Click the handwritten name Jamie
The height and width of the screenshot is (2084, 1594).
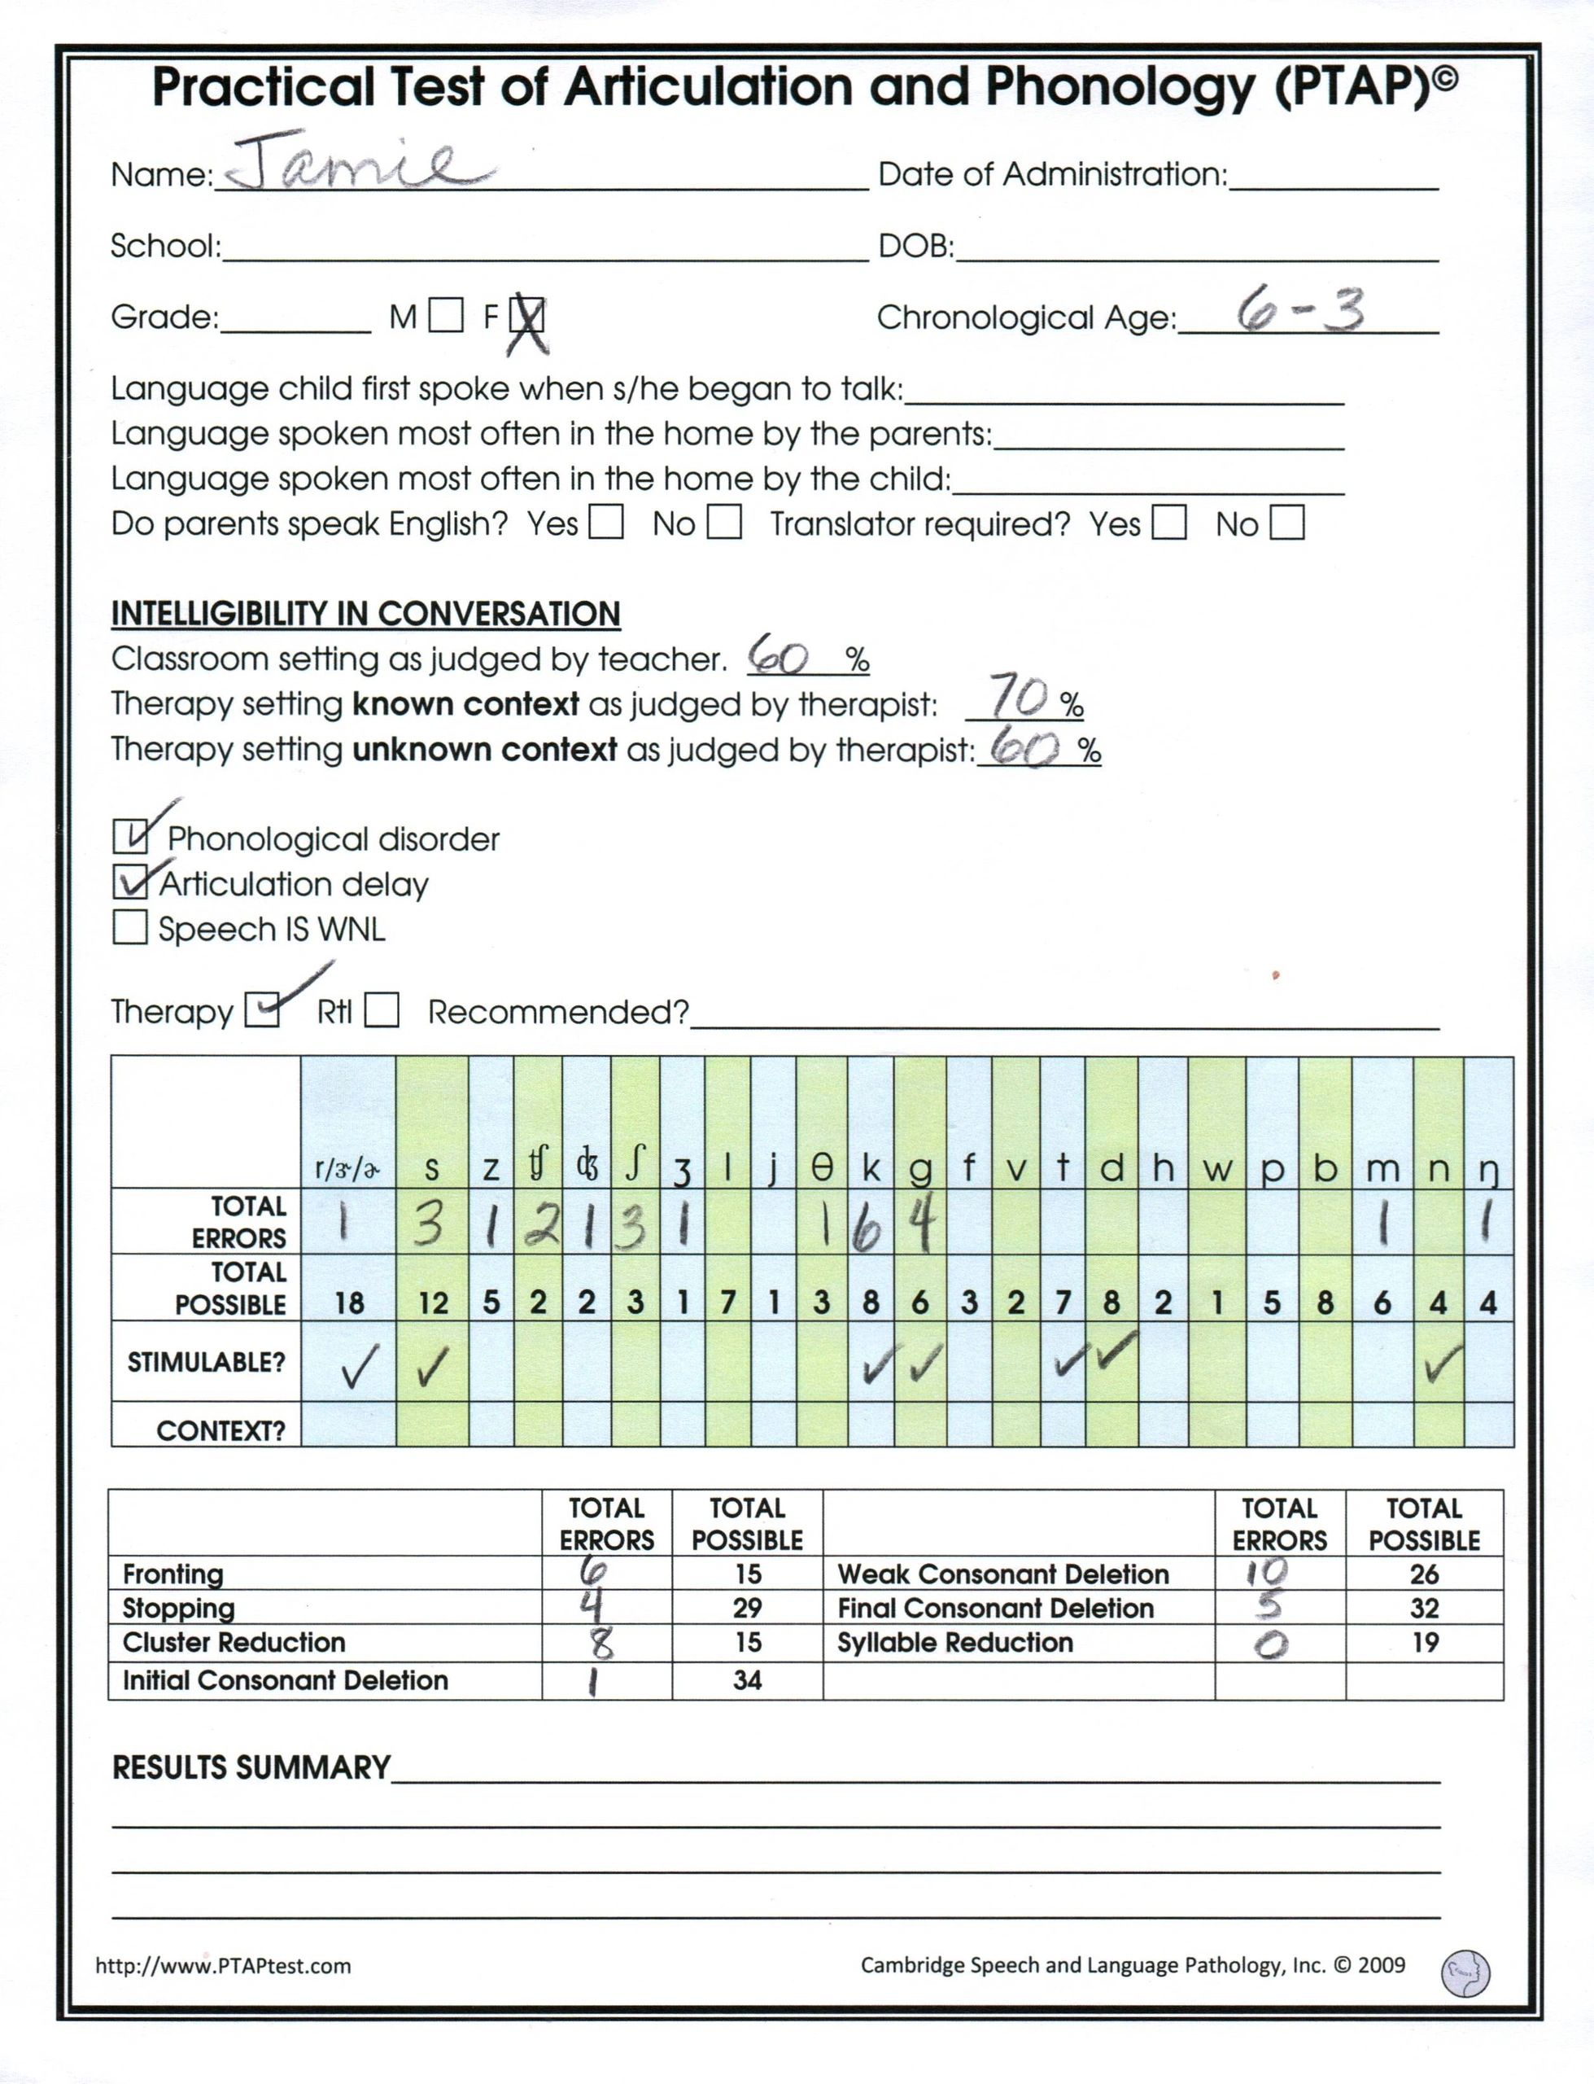pyautogui.click(x=360, y=164)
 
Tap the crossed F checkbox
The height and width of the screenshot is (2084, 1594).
pyautogui.click(x=527, y=316)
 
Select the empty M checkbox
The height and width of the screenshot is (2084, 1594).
pyautogui.click(x=446, y=316)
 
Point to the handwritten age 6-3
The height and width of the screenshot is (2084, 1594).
pyautogui.click(x=1300, y=311)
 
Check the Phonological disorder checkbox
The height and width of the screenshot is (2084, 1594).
pyautogui.click(x=130, y=837)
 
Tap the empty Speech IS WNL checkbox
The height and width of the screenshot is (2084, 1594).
pyautogui.click(x=130, y=927)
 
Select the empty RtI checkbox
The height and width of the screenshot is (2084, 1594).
pyautogui.click(x=382, y=1011)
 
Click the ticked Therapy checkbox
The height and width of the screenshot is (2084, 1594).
pyautogui.click(x=262, y=1011)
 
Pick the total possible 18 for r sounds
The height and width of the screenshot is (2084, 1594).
pyautogui.click(x=349, y=1303)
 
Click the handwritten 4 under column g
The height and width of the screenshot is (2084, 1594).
pyautogui.click(x=919, y=1224)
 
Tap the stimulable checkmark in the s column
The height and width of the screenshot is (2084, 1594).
pyautogui.click(x=432, y=1368)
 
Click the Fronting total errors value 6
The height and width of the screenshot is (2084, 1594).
pyautogui.click(x=594, y=1571)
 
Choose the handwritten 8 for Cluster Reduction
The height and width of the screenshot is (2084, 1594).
pyautogui.click(x=601, y=1643)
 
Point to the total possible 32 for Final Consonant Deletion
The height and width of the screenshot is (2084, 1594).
pyautogui.click(x=1424, y=1609)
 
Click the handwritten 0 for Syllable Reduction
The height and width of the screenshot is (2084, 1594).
pyautogui.click(x=1272, y=1644)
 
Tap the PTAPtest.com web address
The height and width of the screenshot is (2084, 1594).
pyautogui.click(x=223, y=1965)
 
